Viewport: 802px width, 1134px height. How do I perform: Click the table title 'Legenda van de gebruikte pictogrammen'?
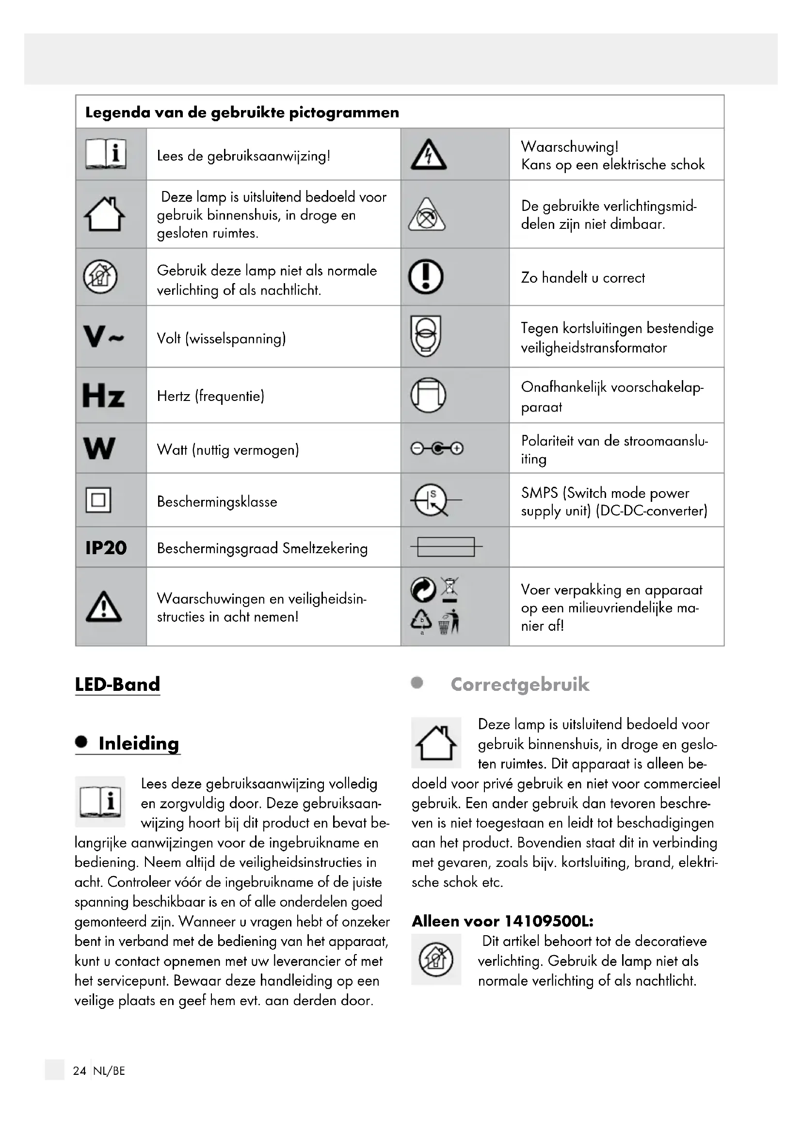click(x=242, y=112)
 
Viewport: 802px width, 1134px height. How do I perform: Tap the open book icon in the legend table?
click(x=106, y=154)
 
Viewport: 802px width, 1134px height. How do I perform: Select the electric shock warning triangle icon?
click(x=429, y=155)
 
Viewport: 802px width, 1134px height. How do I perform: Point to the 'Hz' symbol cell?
click(x=103, y=396)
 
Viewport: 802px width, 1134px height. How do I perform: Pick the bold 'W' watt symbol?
click(x=99, y=448)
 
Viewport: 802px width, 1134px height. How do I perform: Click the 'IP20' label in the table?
click(x=106, y=548)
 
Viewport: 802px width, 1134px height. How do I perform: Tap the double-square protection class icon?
click(x=98, y=500)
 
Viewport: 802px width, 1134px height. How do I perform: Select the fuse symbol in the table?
click(x=446, y=547)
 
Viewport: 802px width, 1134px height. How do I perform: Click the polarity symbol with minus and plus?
click(x=436, y=448)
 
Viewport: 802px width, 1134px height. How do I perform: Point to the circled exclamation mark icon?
click(x=426, y=276)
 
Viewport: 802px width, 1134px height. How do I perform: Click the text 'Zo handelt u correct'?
click(x=583, y=278)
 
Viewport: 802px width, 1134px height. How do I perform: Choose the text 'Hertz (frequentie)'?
click(x=210, y=396)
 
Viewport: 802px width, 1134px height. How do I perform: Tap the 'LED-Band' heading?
click(x=117, y=684)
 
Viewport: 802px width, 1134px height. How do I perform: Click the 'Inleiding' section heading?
click(x=138, y=743)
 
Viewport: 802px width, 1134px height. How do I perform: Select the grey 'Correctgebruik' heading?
click(x=519, y=685)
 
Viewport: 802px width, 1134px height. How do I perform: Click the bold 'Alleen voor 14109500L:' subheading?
click(x=502, y=921)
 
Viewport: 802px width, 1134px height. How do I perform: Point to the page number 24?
click(x=79, y=1071)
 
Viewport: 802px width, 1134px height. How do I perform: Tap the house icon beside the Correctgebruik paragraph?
click(x=436, y=742)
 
